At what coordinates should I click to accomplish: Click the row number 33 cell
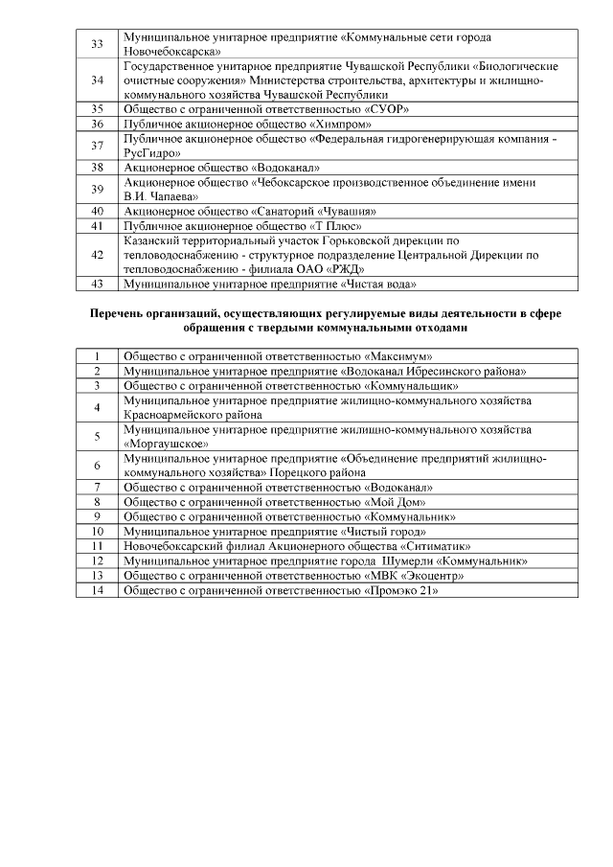pyautogui.click(x=97, y=43)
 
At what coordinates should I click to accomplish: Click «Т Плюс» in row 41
pyautogui.click(x=339, y=225)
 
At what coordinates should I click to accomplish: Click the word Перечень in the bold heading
pyautogui.click(x=122, y=313)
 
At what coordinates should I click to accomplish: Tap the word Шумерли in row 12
pyautogui.click(x=405, y=560)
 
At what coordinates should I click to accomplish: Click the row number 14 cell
pyautogui.click(x=97, y=590)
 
